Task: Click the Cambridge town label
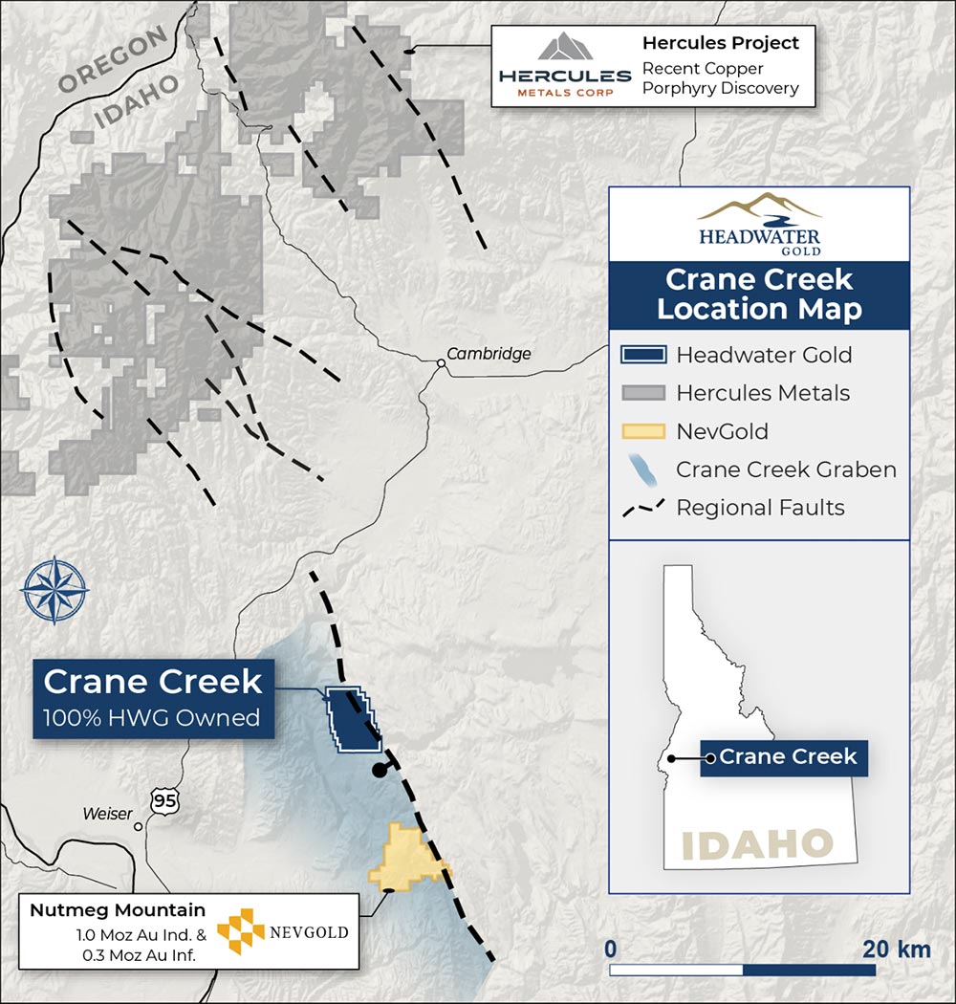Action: click(489, 354)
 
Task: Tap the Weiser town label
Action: click(107, 814)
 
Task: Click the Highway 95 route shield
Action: click(164, 801)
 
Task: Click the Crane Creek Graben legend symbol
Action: click(642, 469)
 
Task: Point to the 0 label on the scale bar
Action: click(610, 950)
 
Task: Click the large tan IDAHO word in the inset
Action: click(757, 845)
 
